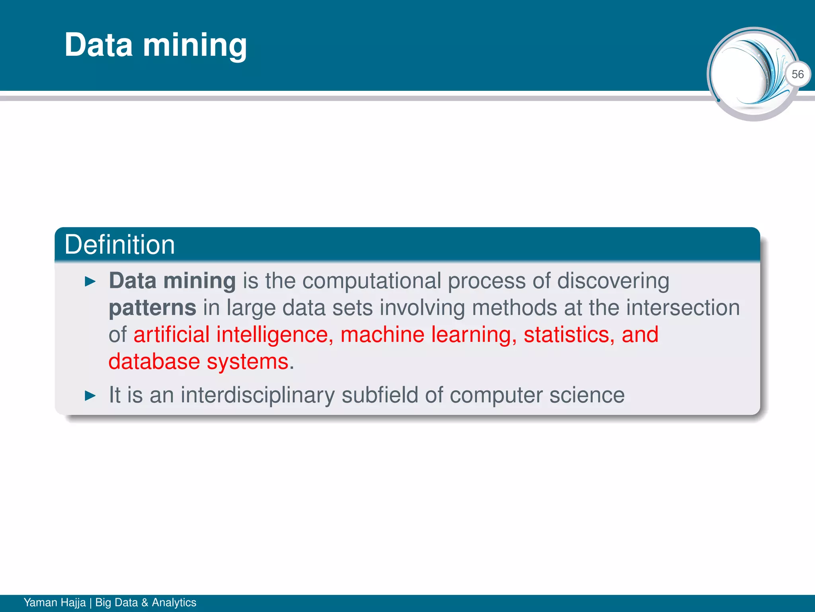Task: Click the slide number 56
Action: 797,75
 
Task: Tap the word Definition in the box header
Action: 119,245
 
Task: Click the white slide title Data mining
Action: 156,45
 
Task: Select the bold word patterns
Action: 152,308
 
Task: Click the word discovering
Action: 613,281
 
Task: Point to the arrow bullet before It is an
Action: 91,396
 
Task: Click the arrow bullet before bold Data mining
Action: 91,282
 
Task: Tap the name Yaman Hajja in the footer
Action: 55,602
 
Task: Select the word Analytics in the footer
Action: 174,602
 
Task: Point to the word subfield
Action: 380,395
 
